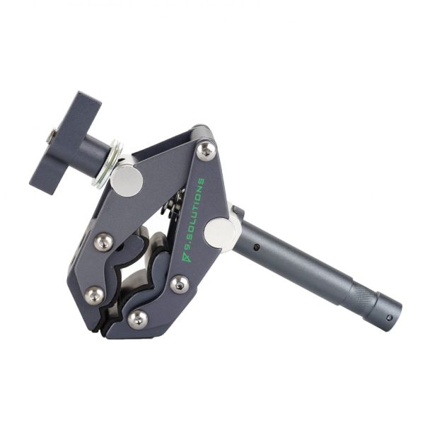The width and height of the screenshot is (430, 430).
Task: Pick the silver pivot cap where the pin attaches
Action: tap(220, 233)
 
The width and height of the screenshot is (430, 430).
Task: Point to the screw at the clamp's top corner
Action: tap(206, 149)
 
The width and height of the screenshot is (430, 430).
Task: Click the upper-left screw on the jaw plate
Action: tap(103, 242)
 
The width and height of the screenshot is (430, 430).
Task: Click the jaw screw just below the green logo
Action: tap(179, 284)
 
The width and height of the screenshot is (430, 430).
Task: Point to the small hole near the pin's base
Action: tap(257, 248)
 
